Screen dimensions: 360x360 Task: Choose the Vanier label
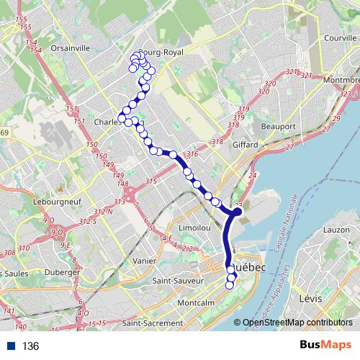pos(145,261)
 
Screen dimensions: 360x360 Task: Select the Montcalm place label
pos(193,303)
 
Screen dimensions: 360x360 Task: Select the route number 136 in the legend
pos(30,346)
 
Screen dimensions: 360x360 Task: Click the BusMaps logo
pos(325,346)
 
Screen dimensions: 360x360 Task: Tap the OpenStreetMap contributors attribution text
pos(299,323)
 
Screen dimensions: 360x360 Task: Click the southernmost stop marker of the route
pos(230,285)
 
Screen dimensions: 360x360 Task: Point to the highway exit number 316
pos(192,154)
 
